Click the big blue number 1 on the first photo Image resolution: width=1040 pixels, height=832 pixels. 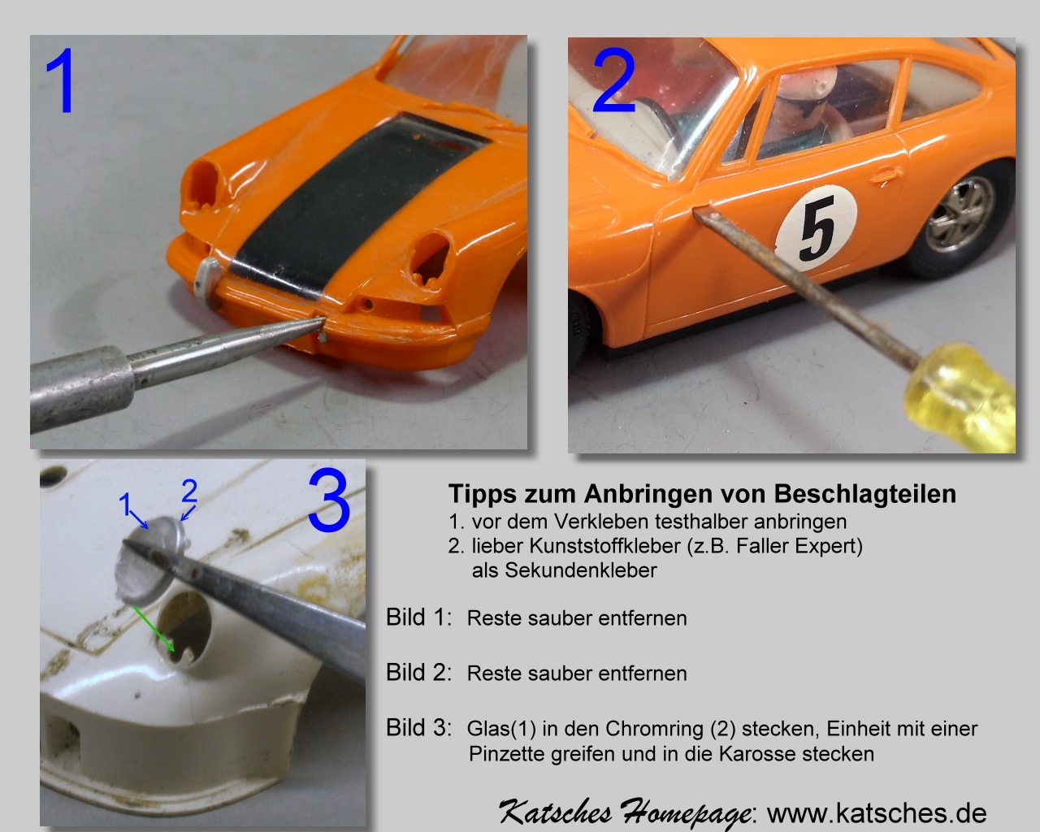[61, 80]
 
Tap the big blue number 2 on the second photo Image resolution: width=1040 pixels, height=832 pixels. [613, 80]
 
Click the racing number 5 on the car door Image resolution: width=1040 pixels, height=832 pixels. [817, 227]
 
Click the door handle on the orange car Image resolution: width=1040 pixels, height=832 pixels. [886, 175]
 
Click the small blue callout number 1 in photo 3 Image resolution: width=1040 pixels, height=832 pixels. [125, 505]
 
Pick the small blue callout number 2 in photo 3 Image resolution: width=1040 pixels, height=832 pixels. [189, 491]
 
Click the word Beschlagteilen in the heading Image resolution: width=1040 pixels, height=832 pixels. [865, 494]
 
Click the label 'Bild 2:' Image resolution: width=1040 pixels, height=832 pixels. [418, 673]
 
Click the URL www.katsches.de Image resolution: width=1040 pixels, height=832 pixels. [877, 813]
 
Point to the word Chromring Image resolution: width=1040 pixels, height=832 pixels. [654, 729]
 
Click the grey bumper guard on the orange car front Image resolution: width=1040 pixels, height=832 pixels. [207, 284]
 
